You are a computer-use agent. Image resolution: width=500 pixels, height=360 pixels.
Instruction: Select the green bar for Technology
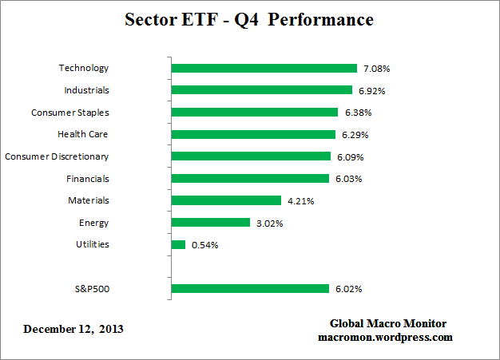pyautogui.click(x=264, y=69)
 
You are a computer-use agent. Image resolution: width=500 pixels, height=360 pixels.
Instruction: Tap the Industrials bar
pyautogui.click(x=262, y=90)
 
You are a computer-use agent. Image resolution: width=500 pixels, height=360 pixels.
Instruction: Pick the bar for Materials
pyautogui.click(x=226, y=200)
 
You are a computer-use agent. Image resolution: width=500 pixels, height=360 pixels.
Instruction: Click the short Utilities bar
pyautogui.click(x=178, y=245)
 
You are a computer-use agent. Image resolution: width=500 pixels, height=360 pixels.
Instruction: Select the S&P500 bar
pyautogui.click(x=250, y=289)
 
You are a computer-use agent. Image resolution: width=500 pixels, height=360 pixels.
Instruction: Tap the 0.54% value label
pyautogui.click(x=204, y=245)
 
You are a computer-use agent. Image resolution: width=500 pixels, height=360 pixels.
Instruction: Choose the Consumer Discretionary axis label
pyautogui.click(x=57, y=156)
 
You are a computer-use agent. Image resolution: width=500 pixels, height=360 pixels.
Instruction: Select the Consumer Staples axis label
pyautogui.click(x=70, y=113)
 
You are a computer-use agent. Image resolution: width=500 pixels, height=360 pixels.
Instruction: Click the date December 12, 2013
pyautogui.click(x=73, y=329)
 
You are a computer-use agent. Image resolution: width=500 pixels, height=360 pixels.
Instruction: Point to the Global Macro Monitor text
pyautogui.click(x=388, y=323)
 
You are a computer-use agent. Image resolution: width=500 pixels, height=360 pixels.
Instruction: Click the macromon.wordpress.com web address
pyautogui.click(x=386, y=337)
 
